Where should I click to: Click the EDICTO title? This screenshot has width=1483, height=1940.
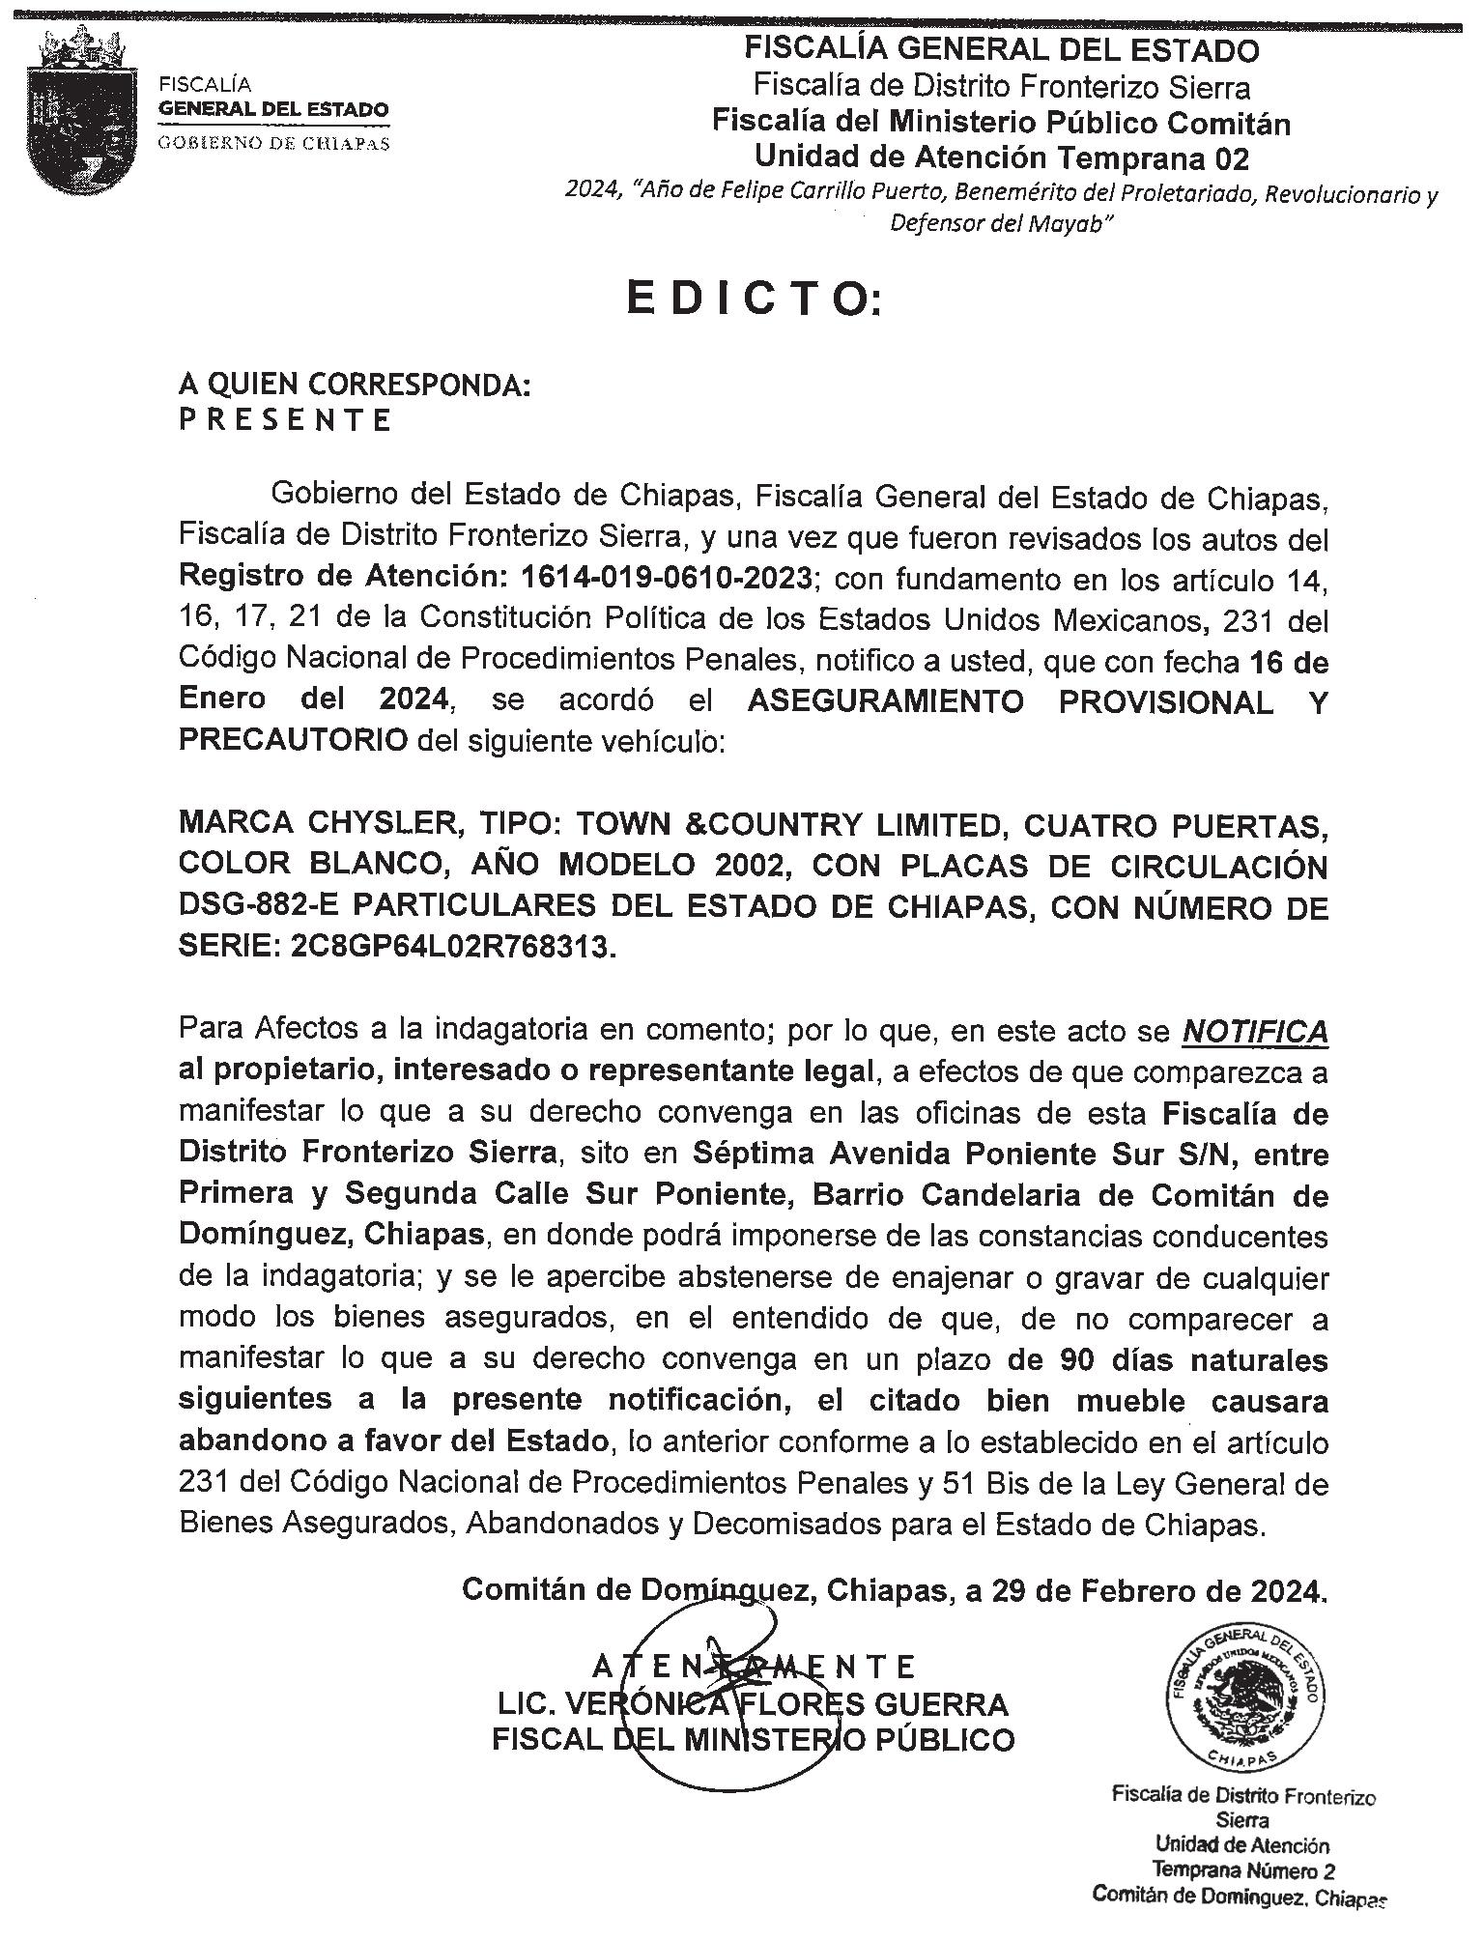click(x=754, y=300)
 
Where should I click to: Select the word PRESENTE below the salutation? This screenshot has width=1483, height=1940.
click(x=286, y=420)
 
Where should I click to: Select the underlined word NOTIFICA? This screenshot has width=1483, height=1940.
click(x=1255, y=1032)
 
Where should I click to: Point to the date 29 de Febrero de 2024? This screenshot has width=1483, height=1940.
click(x=1158, y=1589)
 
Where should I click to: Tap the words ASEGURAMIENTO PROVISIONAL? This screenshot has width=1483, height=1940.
click(x=1010, y=702)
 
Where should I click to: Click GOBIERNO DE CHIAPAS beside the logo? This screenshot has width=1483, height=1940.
click(x=274, y=143)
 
